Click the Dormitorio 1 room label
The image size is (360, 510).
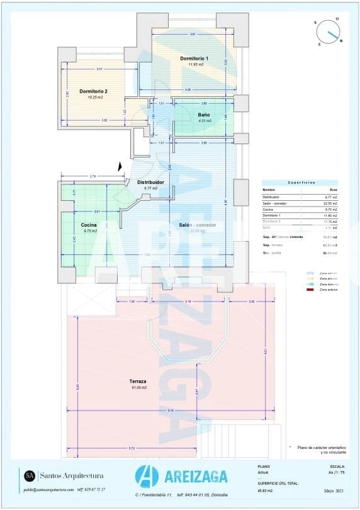tap(194, 59)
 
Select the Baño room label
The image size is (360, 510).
tap(204, 115)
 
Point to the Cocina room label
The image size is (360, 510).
tap(88, 225)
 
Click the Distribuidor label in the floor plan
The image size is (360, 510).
tap(150, 182)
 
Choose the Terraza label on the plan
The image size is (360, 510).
tap(138, 382)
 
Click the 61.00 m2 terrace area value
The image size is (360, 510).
tap(138, 387)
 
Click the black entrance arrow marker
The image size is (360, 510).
tap(120, 166)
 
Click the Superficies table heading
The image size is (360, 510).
tap(301, 182)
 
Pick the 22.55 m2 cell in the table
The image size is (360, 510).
tap(330, 203)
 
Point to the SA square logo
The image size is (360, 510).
tap(30, 475)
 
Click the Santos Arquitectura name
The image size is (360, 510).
tap(72, 475)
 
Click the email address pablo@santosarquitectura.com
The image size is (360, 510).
tap(48, 489)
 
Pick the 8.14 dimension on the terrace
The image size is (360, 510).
tap(171, 411)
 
